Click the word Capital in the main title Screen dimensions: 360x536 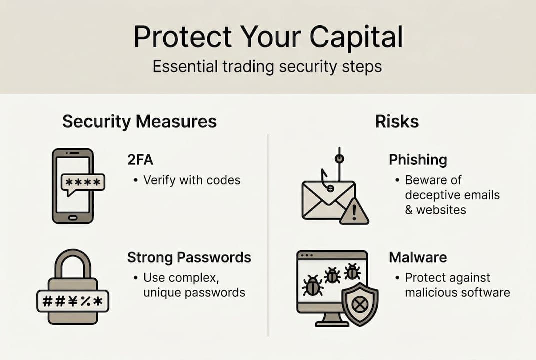pyautogui.click(x=355, y=37)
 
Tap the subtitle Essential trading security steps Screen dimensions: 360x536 pyautogui.click(x=267, y=66)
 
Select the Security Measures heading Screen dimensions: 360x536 pyautogui.click(x=139, y=122)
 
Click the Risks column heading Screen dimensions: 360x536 pyautogui.click(x=397, y=122)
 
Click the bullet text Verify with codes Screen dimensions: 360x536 pyautogui.click(x=192, y=180)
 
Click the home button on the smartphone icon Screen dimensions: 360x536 pyautogui.click(x=73, y=218)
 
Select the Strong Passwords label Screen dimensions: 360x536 pyautogui.click(x=189, y=257)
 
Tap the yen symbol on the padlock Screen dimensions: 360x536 pyautogui.click(x=73, y=301)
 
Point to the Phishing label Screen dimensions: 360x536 pyautogui.click(x=418, y=160)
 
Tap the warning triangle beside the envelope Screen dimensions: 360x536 pyautogui.click(x=354, y=212)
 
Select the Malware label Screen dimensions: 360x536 pyautogui.click(x=418, y=257)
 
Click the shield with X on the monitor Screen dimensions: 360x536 pyautogui.click(x=360, y=303)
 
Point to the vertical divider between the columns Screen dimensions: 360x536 pyautogui.click(x=268, y=235)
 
